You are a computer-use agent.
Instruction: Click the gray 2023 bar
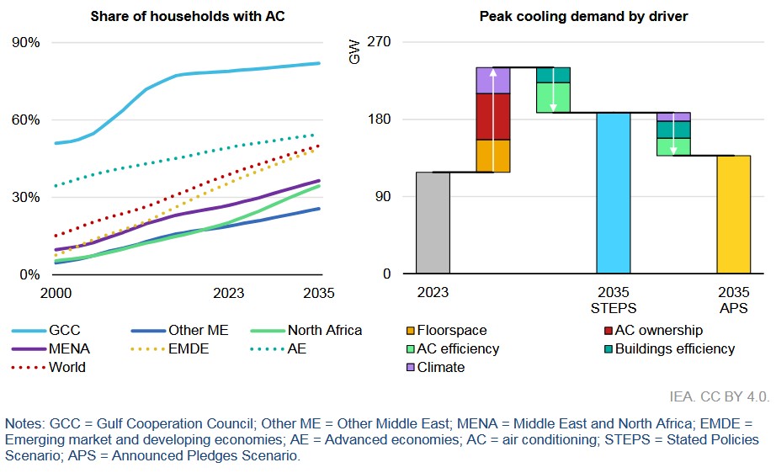[x=433, y=223]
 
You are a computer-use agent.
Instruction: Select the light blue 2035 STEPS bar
[x=614, y=194]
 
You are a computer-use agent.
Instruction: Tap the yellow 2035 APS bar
[x=733, y=215]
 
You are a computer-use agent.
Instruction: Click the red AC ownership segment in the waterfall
[x=492, y=116]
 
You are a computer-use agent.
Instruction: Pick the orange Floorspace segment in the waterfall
[x=492, y=156]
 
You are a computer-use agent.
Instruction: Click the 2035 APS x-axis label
[x=733, y=300]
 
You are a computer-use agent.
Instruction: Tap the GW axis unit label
[x=354, y=56]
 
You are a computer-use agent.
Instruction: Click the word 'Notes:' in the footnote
[x=25, y=423]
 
